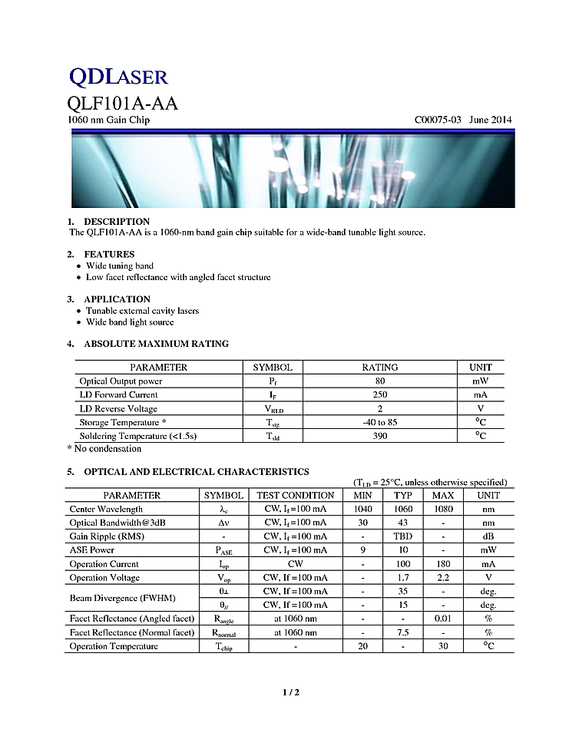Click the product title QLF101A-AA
[x=122, y=103]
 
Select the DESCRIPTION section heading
[x=117, y=222]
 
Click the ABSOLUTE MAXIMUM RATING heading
[x=156, y=344]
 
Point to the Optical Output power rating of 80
[x=380, y=381]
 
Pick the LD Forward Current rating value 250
[x=380, y=395]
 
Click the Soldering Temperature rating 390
[x=380, y=436]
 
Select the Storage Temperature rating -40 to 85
[x=380, y=423]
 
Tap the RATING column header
[x=380, y=368]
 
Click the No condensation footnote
[x=104, y=449]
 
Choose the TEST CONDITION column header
[x=296, y=496]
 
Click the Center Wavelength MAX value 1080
[x=443, y=510]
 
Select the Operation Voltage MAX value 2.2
[x=443, y=578]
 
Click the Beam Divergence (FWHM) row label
[x=115, y=598]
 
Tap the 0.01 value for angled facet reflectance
[x=443, y=619]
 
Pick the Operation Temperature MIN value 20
[x=362, y=647]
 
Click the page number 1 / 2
[x=290, y=693]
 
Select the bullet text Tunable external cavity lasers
[x=142, y=311]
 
